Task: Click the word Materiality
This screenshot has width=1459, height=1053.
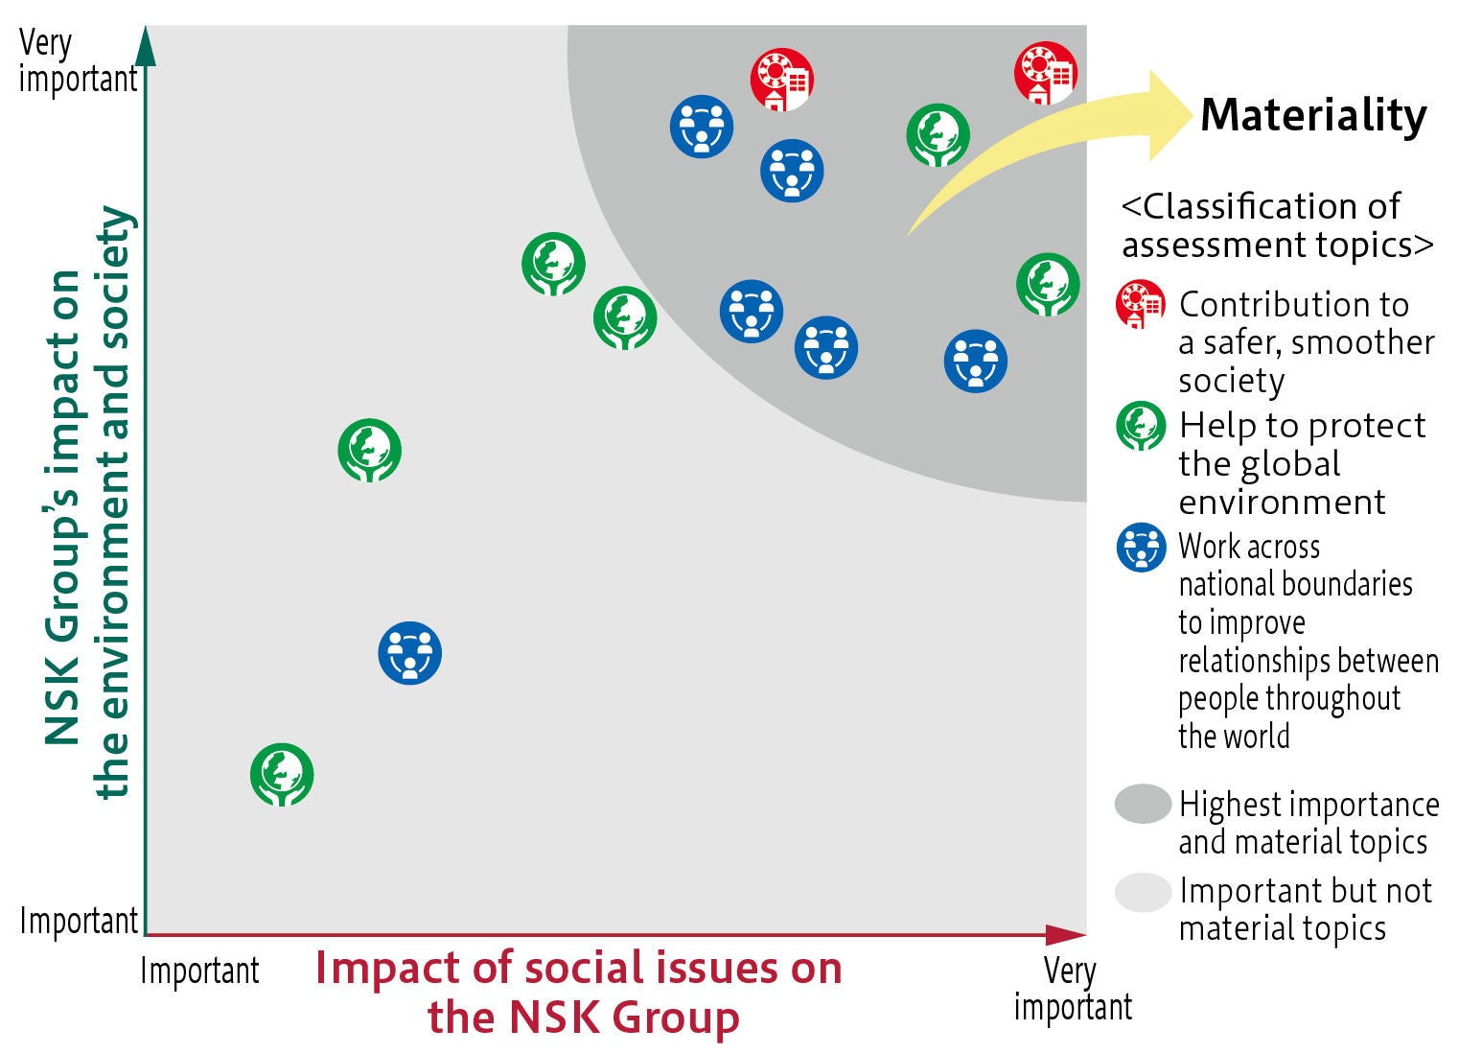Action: tap(1313, 116)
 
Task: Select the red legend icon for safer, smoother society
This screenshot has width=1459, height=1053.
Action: tap(1141, 305)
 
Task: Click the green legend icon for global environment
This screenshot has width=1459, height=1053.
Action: tap(1141, 427)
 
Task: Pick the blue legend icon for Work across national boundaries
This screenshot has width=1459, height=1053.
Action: tap(1141, 548)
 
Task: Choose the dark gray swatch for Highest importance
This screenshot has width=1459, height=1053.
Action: tap(1143, 804)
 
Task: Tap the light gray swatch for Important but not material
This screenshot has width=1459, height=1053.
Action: tap(1143, 892)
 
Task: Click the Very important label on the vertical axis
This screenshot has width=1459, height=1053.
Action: tap(77, 61)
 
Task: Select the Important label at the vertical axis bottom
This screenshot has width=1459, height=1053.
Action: tap(79, 921)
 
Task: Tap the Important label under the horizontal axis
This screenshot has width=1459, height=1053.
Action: tap(199, 971)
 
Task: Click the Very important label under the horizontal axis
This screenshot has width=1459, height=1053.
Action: tap(1073, 989)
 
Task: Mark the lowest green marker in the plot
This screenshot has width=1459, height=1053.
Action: tap(282, 775)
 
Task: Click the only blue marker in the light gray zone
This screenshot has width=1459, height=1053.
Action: tap(410, 653)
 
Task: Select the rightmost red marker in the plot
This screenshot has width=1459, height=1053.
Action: tap(1046, 73)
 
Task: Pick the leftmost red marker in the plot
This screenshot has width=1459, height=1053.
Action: tap(781, 79)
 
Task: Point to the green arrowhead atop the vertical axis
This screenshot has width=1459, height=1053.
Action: tap(146, 45)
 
